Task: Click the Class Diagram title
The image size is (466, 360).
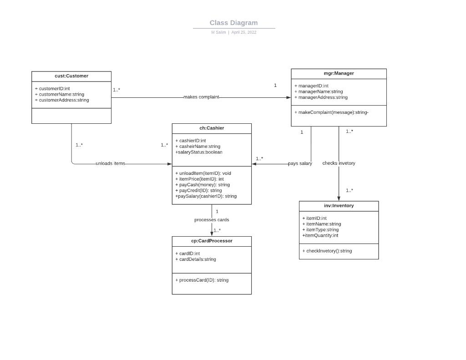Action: (x=233, y=23)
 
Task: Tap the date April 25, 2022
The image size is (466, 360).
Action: (x=243, y=32)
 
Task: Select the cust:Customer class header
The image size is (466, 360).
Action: (x=71, y=76)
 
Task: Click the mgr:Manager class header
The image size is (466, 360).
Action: (x=339, y=73)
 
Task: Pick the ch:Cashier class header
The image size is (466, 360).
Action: (x=212, y=128)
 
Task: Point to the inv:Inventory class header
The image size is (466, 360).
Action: (x=339, y=206)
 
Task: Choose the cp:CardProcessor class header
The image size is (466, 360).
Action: (x=212, y=241)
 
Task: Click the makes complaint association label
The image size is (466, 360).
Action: (x=201, y=97)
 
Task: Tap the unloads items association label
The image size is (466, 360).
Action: (x=110, y=163)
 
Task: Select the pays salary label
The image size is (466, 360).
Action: (x=300, y=163)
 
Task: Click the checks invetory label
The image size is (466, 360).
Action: (x=339, y=163)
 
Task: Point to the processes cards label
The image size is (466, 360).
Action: (x=212, y=220)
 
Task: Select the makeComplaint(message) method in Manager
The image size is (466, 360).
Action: (x=331, y=112)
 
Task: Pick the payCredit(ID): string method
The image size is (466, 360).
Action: (x=200, y=191)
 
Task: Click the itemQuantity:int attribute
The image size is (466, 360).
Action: (x=320, y=235)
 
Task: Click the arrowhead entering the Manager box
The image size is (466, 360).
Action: (x=288, y=97)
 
